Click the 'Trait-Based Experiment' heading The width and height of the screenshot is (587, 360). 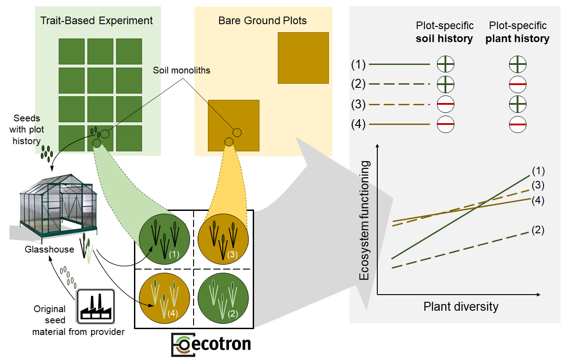(x=96, y=21)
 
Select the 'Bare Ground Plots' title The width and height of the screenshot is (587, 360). (x=262, y=21)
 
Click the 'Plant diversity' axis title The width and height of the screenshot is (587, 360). (x=461, y=307)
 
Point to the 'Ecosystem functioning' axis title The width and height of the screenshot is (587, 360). (x=365, y=221)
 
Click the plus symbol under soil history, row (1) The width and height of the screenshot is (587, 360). (x=445, y=65)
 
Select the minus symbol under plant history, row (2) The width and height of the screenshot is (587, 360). (x=518, y=84)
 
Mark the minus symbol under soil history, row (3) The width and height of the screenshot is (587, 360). (x=445, y=104)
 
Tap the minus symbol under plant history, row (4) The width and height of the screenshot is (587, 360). (x=518, y=124)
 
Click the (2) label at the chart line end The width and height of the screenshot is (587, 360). (x=538, y=231)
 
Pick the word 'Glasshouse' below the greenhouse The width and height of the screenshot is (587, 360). (x=49, y=249)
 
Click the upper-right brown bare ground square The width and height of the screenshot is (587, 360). (x=303, y=58)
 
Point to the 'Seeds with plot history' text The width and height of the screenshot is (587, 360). (x=27, y=129)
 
